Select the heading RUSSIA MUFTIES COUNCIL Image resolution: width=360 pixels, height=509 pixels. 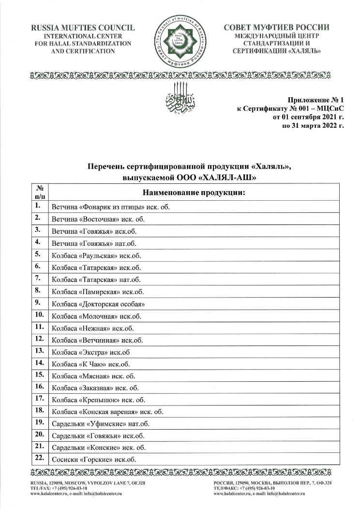83,28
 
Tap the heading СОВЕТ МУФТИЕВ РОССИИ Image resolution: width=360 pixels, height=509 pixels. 277,28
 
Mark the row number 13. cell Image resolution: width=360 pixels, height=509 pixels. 39,350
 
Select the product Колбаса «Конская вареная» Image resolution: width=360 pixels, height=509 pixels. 107,412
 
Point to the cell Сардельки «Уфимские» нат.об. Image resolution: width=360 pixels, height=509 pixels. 100,424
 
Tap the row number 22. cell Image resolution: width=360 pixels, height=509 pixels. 39,458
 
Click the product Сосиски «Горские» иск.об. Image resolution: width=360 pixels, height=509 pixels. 94,459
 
